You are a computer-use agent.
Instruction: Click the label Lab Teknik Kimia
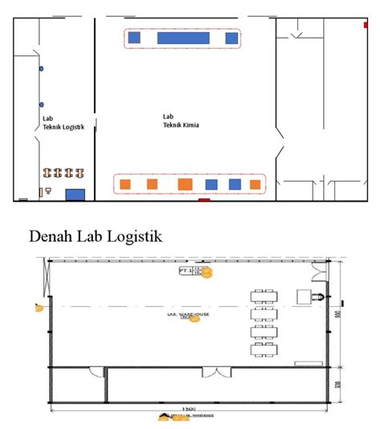(180, 121)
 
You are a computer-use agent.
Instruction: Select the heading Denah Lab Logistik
(95, 236)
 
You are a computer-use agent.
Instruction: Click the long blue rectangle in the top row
(184, 38)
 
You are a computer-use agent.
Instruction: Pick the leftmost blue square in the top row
(134, 38)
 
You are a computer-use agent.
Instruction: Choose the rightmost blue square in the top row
(232, 38)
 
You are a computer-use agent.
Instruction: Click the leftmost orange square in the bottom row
(125, 185)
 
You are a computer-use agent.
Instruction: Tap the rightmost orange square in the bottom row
(255, 185)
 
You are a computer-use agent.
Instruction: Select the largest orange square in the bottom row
(184, 184)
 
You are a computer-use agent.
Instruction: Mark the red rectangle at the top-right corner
(358, 22)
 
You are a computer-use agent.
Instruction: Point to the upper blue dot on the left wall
(41, 70)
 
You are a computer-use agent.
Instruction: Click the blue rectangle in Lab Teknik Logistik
(75, 194)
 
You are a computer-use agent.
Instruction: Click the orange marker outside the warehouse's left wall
(37, 307)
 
